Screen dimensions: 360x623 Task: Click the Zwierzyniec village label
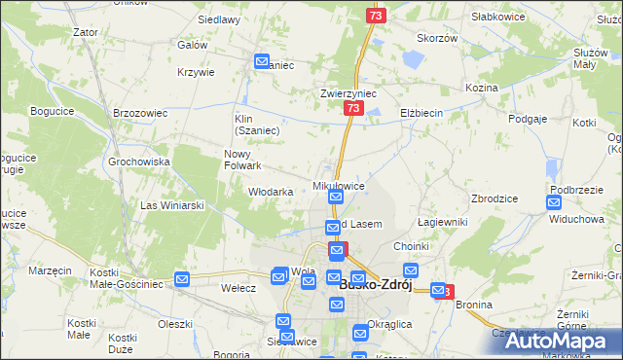pos(348,94)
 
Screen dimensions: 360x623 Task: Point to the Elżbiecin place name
pos(421,113)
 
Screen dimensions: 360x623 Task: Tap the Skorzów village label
pos(437,38)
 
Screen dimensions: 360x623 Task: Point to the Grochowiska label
pos(140,162)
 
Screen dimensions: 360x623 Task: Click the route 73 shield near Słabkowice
pos(377,17)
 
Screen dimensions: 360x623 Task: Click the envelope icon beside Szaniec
pos(262,61)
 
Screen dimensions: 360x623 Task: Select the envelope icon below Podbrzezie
pos(554,203)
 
